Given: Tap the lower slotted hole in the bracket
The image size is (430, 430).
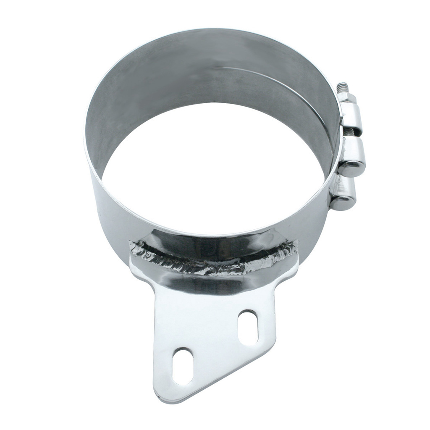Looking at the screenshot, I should pos(183,366).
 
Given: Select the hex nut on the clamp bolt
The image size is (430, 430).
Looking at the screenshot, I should pos(347,98).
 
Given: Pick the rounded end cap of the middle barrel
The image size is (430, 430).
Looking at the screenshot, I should pos(352,168).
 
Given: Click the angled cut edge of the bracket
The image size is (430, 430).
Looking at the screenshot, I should pos(218,374).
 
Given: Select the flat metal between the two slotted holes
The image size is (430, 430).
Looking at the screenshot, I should pos(214,344).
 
